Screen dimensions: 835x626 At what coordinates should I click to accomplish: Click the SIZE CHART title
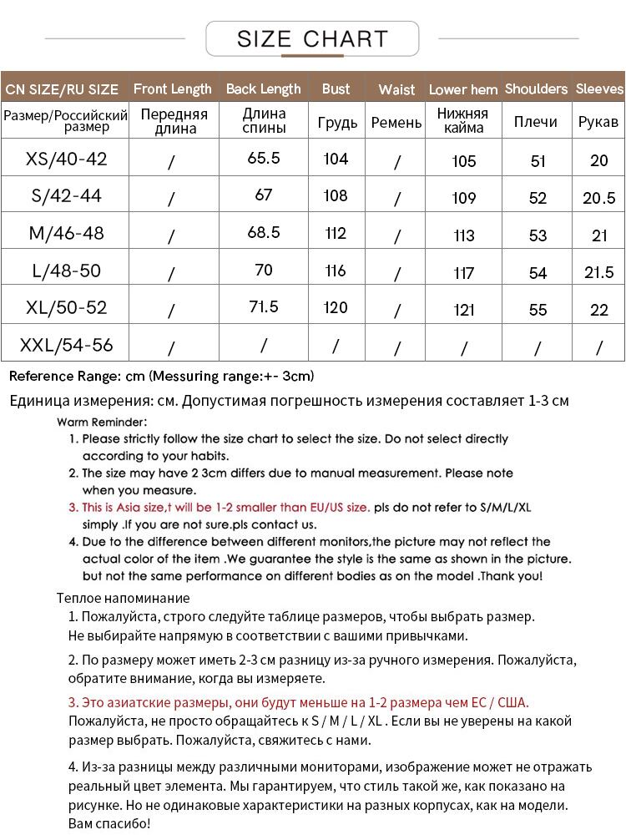point(312,38)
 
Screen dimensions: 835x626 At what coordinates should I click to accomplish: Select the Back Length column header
point(263,89)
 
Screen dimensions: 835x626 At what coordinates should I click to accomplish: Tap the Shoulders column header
point(536,89)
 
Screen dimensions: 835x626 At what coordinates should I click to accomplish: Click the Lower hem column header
point(463,89)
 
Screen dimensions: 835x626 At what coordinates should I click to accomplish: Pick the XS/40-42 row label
point(67,159)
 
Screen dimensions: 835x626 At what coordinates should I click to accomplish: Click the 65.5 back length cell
point(264,158)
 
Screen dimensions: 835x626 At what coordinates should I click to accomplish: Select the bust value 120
point(335,307)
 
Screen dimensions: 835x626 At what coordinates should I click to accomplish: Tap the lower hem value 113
point(463,235)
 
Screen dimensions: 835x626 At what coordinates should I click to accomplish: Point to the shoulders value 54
point(538,273)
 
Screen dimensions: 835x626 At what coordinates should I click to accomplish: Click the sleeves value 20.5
point(598,198)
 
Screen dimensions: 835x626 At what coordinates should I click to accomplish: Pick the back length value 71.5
point(264,306)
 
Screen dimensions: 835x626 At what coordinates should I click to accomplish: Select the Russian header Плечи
point(536,122)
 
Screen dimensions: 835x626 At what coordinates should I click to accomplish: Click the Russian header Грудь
point(338,123)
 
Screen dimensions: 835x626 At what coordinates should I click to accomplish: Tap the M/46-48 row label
point(67,233)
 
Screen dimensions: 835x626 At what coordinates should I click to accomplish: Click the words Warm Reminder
point(102,422)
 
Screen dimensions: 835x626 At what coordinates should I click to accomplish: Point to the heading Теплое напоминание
point(123,598)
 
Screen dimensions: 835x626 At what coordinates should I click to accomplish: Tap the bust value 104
point(335,159)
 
